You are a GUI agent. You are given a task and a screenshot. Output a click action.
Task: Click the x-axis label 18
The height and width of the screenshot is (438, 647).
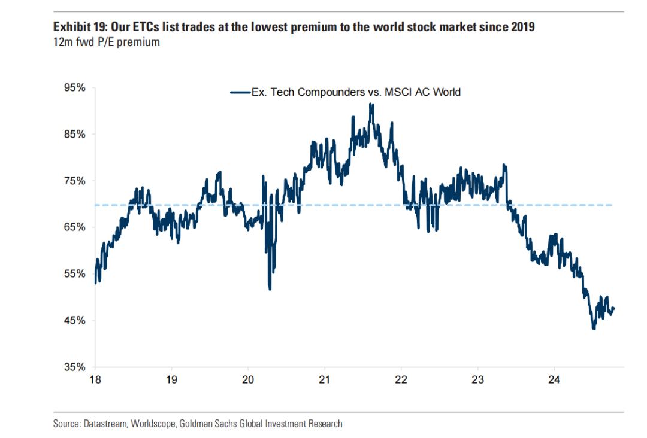(95, 379)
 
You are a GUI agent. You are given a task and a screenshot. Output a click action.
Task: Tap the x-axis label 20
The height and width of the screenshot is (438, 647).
(248, 379)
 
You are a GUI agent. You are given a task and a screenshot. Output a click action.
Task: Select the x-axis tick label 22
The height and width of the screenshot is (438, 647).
(401, 379)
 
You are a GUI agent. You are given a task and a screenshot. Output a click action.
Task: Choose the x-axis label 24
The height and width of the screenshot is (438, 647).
(554, 379)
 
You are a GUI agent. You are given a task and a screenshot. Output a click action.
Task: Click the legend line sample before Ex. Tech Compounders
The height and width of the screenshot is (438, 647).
(240, 92)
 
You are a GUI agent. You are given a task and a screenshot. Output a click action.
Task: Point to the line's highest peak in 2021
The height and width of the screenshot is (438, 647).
(371, 104)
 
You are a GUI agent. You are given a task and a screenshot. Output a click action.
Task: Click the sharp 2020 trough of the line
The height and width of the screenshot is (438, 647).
(270, 289)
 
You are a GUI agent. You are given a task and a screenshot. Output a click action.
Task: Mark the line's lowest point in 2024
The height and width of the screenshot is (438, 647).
(594, 328)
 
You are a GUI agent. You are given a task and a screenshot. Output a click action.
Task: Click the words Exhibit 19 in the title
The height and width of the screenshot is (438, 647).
(75, 27)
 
